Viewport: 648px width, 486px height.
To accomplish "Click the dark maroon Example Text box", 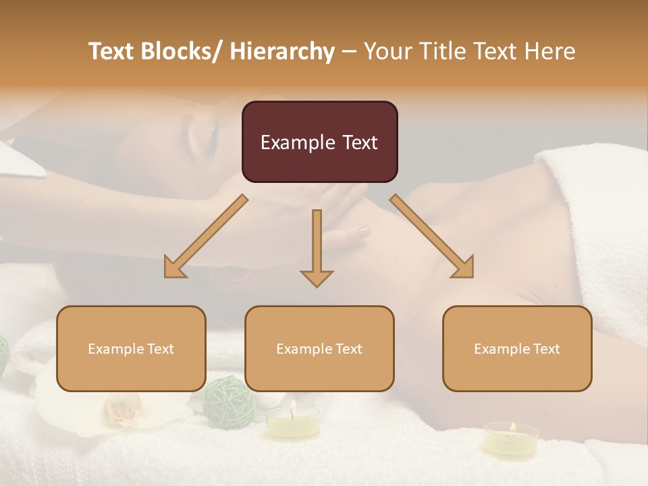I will [319, 142].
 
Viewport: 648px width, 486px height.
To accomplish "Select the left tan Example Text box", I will [131, 348].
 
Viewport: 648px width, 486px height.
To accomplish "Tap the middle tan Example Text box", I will [319, 348].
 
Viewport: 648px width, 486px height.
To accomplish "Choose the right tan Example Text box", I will [517, 348].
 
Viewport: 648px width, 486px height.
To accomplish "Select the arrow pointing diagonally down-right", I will [432, 236].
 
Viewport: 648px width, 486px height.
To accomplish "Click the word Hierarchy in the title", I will [282, 51].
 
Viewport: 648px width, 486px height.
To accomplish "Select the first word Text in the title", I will [113, 51].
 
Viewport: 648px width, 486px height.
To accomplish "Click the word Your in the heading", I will [387, 51].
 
